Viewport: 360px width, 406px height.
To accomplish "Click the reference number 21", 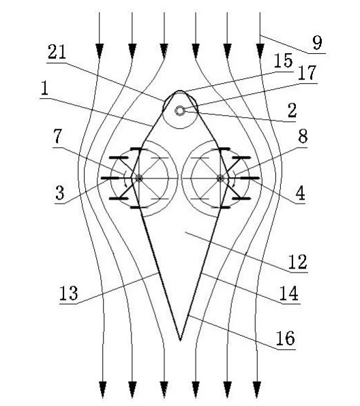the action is tap(57, 52).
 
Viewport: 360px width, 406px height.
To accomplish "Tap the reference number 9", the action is tap(317, 43).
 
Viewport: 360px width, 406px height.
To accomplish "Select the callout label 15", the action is tap(284, 61).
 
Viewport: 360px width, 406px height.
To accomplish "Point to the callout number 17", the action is tap(307, 73).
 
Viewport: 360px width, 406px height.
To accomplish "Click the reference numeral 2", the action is tap(292, 110).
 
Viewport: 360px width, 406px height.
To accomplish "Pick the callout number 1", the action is tap(44, 89).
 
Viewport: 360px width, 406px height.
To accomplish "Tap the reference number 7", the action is tap(57, 136).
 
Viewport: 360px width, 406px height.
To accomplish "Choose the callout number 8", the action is tap(303, 136).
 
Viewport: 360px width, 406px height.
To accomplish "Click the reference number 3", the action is tap(60, 193).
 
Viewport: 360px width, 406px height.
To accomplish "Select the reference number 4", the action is tap(301, 193).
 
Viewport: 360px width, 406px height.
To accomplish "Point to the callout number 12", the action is tap(298, 262).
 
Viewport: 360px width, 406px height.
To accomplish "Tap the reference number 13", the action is tap(69, 293).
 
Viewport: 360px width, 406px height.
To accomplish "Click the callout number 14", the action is tap(289, 294).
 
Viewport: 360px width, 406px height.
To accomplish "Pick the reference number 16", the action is tap(286, 338).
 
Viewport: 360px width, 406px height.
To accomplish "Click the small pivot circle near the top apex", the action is tap(179, 111).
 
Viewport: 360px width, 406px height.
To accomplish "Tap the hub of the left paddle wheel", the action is tap(139, 178).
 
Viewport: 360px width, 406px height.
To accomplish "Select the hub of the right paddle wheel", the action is tap(220, 178).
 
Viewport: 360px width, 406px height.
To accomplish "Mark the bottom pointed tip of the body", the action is tap(180, 340).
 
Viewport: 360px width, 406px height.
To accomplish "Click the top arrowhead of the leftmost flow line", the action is tap(100, 50).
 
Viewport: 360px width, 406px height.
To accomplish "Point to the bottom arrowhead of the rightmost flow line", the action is tap(257, 389).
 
